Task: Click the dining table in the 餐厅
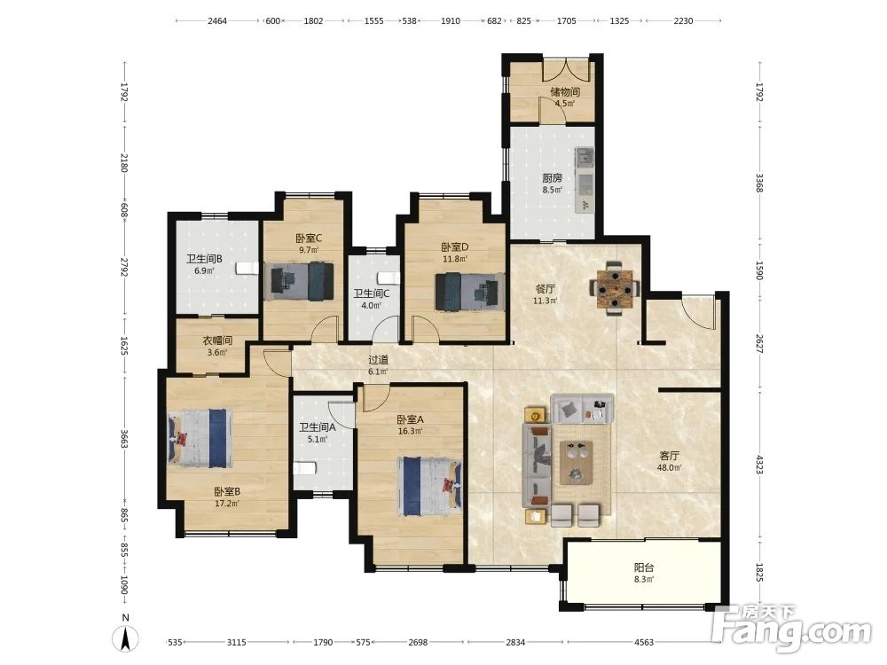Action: tap(614, 288)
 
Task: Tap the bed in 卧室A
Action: tap(429, 486)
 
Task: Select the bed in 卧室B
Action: tap(200, 438)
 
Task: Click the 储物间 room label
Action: tap(564, 91)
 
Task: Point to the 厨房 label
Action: tap(552, 177)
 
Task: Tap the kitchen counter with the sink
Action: tap(585, 180)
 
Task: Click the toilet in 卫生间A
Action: tap(303, 469)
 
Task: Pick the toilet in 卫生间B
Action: tap(247, 268)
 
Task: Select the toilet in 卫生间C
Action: tap(389, 278)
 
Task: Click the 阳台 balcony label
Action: tap(644, 567)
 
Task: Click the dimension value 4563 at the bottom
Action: tap(644, 642)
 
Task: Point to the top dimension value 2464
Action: tap(217, 21)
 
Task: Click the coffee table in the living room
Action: tap(577, 463)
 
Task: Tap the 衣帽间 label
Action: tap(218, 341)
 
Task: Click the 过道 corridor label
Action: tap(379, 360)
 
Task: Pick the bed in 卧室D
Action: tap(469, 291)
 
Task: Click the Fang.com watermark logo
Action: tap(792, 628)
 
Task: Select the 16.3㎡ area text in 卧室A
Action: tap(410, 432)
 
